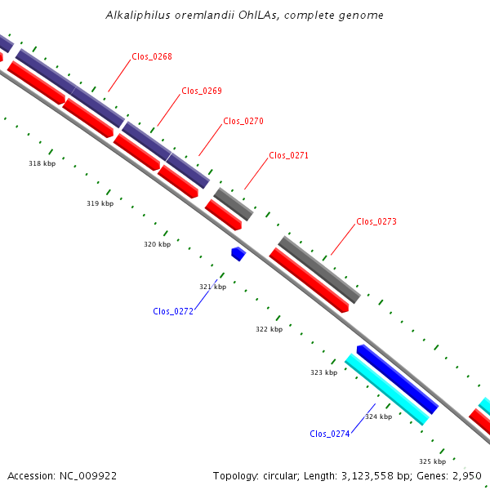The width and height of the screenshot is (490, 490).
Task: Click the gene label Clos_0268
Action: (152, 56)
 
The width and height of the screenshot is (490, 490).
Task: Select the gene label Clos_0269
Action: (202, 91)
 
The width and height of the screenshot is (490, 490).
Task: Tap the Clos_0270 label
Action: (243, 121)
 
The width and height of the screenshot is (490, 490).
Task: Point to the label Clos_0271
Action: (289, 155)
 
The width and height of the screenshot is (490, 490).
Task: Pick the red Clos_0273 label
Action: (376, 221)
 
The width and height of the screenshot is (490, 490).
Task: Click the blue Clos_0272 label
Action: (173, 311)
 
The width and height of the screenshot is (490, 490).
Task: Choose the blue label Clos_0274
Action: (330, 434)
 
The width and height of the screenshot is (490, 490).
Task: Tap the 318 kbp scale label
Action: (42, 163)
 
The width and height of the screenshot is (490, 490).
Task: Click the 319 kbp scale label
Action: (100, 203)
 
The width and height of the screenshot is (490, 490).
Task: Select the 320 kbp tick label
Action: (157, 244)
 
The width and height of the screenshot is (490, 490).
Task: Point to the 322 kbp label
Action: (269, 329)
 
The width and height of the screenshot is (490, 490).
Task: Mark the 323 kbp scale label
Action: (323, 372)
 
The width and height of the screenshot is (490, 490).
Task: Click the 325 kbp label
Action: (433, 461)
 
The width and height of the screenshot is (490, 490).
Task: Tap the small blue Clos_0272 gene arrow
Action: (238, 254)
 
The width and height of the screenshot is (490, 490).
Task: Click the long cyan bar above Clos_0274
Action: (387, 390)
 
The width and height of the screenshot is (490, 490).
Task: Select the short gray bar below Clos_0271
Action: (234, 204)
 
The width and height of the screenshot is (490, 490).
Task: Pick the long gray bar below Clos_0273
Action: (319, 269)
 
